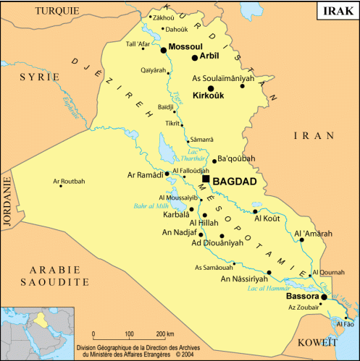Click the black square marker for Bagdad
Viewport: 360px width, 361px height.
pos(206,179)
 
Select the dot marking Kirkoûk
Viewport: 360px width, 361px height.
pos(211,88)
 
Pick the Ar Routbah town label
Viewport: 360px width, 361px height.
pos(69,181)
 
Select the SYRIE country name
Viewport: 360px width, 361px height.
pos(40,76)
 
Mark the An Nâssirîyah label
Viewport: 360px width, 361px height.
pos(245,279)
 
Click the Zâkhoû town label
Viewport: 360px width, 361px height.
pos(164,17)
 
